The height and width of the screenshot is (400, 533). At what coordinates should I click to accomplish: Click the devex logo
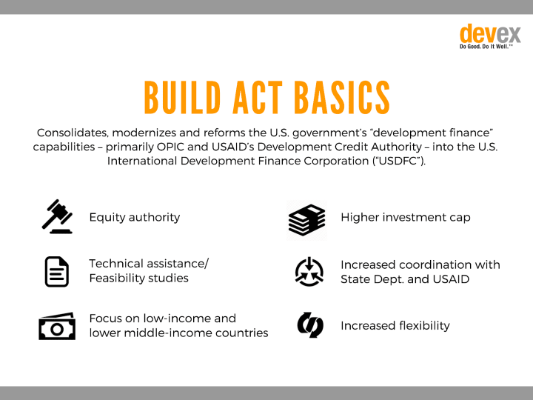(x=490, y=36)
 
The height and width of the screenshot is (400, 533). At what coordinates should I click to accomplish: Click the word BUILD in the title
(x=183, y=98)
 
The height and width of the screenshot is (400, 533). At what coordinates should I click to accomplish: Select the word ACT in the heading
(x=258, y=98)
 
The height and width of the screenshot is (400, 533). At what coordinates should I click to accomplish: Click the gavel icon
(x=57, y=216)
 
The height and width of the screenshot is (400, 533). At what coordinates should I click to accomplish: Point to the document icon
(x=57, y=272)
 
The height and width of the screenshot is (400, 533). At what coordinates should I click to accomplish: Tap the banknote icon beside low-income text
(x=57, y=326)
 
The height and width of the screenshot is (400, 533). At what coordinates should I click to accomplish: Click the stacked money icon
(x=306, y=220)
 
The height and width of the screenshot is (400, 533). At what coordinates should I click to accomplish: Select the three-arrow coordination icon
(x=309, y=272)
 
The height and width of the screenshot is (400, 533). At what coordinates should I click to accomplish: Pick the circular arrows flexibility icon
(x=310, y=325)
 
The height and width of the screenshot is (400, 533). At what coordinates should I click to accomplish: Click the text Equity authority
(x=135, y=218)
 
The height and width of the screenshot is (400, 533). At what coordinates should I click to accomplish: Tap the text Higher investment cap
(x=406, y=218)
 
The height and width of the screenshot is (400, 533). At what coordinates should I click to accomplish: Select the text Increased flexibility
(x=395, y=326)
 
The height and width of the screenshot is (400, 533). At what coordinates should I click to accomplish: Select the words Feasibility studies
(x=138, y=279)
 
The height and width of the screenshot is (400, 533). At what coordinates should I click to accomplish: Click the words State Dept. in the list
(x=372, y=279)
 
